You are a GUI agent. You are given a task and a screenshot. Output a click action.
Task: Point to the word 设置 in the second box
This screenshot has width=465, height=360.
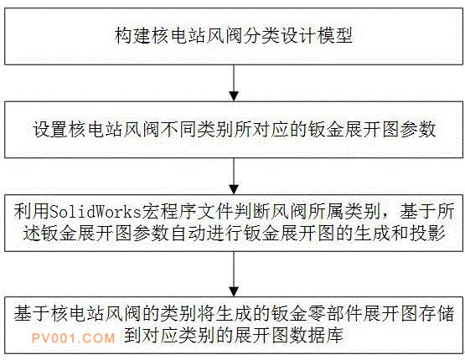pyautogui.click(x=50, y=130)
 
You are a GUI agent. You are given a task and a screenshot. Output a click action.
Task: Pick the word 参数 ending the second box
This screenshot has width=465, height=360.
pyautogui.click(x=417, y=130)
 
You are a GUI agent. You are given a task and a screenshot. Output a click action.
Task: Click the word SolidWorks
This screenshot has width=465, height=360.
pyautogui.click(x=96, y=212)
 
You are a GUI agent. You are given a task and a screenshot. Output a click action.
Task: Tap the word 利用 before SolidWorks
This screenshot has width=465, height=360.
pyautogui.click(x=32, y=212)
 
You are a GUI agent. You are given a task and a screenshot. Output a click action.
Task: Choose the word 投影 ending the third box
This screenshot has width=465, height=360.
pyautogui.click(x=427, y=234)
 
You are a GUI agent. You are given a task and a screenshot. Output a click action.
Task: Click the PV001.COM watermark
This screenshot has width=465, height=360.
pyautogui.click(x=73, y=338)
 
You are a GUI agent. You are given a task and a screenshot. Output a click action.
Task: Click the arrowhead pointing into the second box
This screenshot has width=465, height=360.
pyautogui.click(x=234, y=96)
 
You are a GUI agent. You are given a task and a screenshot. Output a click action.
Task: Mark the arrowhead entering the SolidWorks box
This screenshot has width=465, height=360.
pyautogui.click(x=234, y=190)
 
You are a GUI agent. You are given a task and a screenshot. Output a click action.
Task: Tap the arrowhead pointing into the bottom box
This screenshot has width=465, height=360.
pyautogui.click(x=234, y=291)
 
